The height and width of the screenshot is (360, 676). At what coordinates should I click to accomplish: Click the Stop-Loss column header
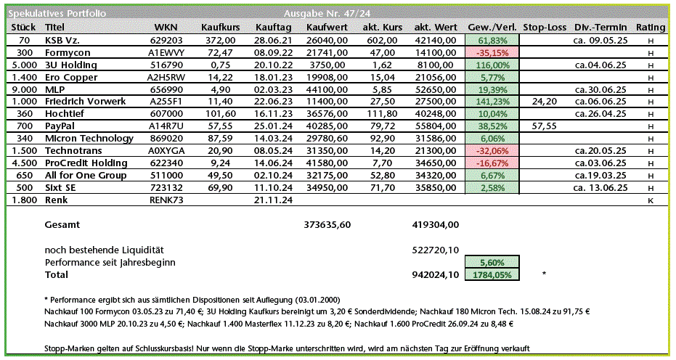(x=544, y=28)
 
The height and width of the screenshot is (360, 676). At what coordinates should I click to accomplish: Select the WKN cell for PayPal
(x=166, y=126)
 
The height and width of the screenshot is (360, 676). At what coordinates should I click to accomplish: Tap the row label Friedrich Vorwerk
(x=86, y=101)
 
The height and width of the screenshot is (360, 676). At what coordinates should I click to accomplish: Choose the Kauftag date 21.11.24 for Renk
(x=273, y=200)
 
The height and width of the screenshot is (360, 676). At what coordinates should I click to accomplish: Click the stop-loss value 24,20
(x=544, y=101)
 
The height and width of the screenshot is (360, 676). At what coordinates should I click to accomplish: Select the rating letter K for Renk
(x=651, y=200)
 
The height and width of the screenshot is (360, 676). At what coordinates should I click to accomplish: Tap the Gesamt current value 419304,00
(x=435, y=225)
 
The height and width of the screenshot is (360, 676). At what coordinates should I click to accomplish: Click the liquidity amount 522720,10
(x=435, y=250)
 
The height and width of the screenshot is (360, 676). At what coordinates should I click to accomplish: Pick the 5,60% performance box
(x=492, y=262)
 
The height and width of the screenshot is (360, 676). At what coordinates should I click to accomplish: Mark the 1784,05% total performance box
(x=492, y=274)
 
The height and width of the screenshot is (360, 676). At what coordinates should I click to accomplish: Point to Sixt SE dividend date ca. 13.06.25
(x=599, y=187)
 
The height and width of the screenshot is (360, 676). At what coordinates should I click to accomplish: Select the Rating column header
(x=650, y=28)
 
